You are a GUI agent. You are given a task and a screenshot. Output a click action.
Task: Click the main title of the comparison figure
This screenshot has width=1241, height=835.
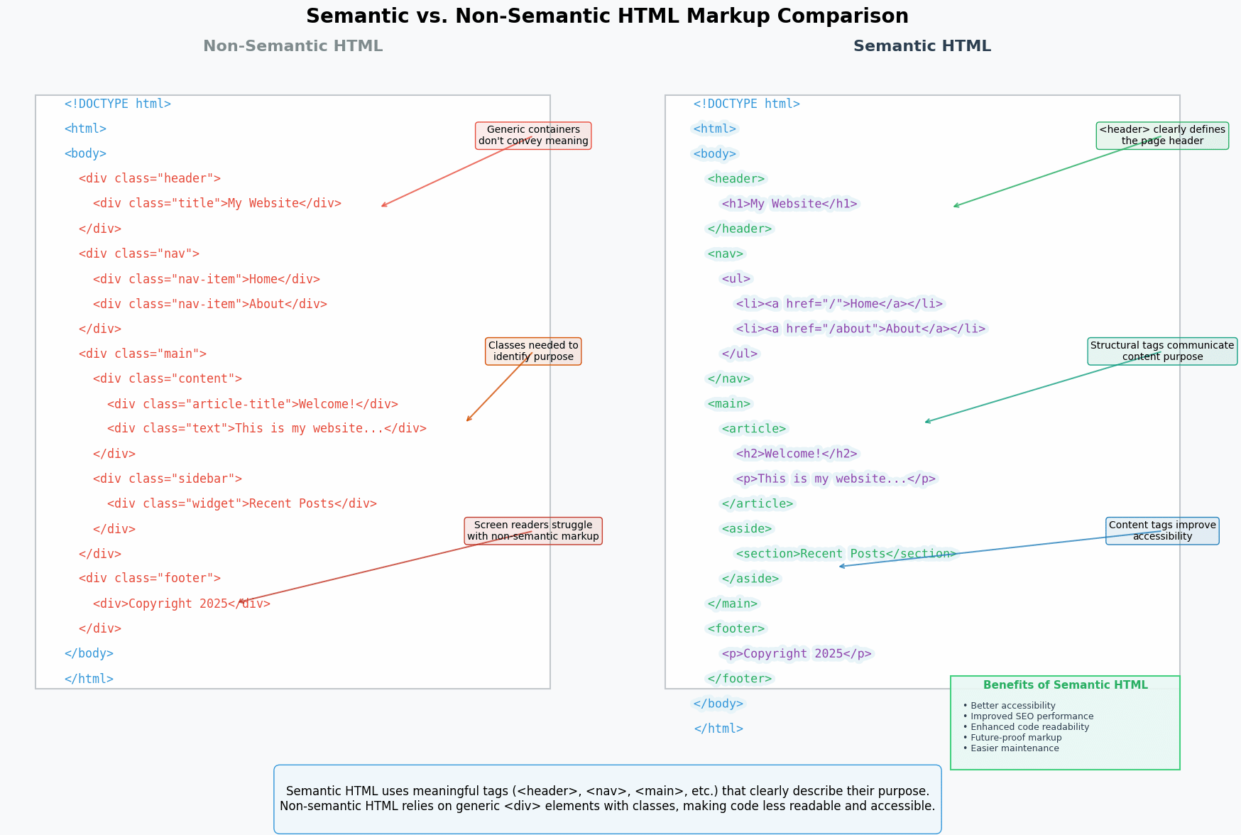(607, 16)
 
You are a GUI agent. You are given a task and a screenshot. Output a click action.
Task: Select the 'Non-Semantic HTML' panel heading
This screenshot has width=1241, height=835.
(293, 46)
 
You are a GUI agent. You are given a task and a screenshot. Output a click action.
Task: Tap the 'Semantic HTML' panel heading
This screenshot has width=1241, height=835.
(922, 46)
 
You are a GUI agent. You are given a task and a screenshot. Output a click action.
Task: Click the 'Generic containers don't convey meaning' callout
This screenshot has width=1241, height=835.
(533, 136)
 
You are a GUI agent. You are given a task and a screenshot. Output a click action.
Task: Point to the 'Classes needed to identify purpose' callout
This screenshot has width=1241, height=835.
(533, 351)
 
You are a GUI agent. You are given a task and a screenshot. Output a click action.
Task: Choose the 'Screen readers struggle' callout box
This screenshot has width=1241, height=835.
(533, 531)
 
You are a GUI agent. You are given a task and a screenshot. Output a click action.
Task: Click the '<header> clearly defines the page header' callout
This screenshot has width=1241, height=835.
(1162, 136)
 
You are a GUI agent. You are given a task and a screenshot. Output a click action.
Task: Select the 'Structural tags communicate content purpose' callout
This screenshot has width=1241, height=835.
(1162, 351)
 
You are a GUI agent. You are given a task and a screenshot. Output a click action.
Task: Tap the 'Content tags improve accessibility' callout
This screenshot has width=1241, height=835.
(1162, 531)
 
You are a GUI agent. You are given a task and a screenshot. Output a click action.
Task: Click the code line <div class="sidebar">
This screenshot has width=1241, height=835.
(168, 479)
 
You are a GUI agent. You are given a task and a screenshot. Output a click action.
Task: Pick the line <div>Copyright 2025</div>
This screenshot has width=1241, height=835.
(182, 604)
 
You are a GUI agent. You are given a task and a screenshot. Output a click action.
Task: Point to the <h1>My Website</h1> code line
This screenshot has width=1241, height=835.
(789, 204)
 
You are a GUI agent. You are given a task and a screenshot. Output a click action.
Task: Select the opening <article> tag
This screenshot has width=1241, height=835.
(754, 429)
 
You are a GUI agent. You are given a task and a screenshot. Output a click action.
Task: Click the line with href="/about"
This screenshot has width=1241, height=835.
(860, 329)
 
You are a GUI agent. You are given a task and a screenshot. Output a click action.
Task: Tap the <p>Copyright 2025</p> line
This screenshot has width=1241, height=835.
(797, 654)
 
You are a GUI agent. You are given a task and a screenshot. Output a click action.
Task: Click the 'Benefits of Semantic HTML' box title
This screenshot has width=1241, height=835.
(1065, 685)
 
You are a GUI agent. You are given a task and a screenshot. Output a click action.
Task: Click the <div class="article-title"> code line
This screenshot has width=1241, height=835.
(253, 404)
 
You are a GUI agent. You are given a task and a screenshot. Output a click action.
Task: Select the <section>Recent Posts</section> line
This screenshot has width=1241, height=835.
(846, 554)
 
